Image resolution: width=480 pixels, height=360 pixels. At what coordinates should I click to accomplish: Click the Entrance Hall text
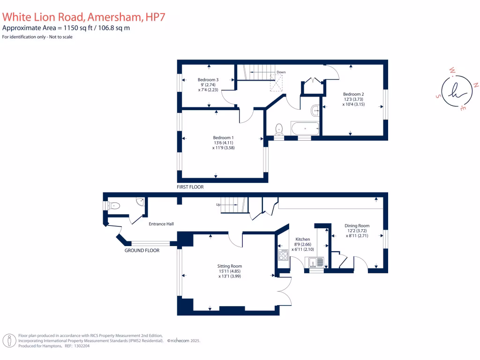(x=161, y=224)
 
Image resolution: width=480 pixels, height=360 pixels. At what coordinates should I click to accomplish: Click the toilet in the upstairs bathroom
(x=279, y=128)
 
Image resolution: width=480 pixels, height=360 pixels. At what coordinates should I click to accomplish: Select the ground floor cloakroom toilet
(x=113, y=205)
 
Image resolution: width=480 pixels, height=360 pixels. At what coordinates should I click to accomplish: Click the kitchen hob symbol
(x=283, y=255)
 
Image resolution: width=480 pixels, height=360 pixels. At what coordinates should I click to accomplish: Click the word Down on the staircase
(x=281, y=72)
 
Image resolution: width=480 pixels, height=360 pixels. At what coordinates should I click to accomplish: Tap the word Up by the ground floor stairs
(x=218, y=205)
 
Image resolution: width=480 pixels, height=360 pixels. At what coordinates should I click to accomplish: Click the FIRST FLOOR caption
(x=190, y=187)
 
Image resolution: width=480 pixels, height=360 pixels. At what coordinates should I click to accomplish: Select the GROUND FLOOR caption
(x=142, y=250)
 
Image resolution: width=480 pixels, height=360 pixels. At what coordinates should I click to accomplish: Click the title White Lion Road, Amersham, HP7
(x=84, y=17)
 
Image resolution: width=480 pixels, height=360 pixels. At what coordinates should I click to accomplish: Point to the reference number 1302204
(x=81, y=346)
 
